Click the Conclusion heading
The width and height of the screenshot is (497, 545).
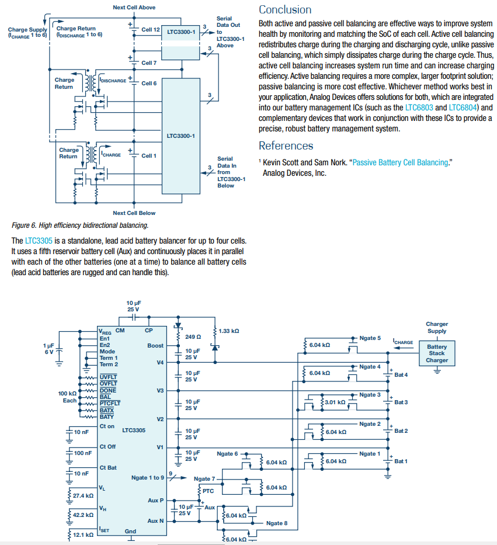click(285, 10)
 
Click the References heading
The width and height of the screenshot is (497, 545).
click(286, 146)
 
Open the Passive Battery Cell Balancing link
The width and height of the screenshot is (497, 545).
click(400, 162)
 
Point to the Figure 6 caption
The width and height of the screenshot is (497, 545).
click(80, 225)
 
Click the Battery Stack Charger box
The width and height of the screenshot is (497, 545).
click(437, 353)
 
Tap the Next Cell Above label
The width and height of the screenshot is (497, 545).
click(134, 8)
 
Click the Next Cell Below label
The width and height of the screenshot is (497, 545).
click(134, 213)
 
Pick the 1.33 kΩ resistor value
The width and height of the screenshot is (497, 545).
click(228, 331)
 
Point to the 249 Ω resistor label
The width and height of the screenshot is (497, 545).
click(193, 337)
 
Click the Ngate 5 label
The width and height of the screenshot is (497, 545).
click(370, 338)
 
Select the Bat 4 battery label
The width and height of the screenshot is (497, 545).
click(401, 374)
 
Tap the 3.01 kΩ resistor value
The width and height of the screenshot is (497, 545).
click(335, 402)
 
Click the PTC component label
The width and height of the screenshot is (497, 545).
click(208, 491)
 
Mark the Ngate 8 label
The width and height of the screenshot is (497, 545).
click(277, 523)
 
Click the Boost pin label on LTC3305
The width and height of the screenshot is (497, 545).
click(155, 346)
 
